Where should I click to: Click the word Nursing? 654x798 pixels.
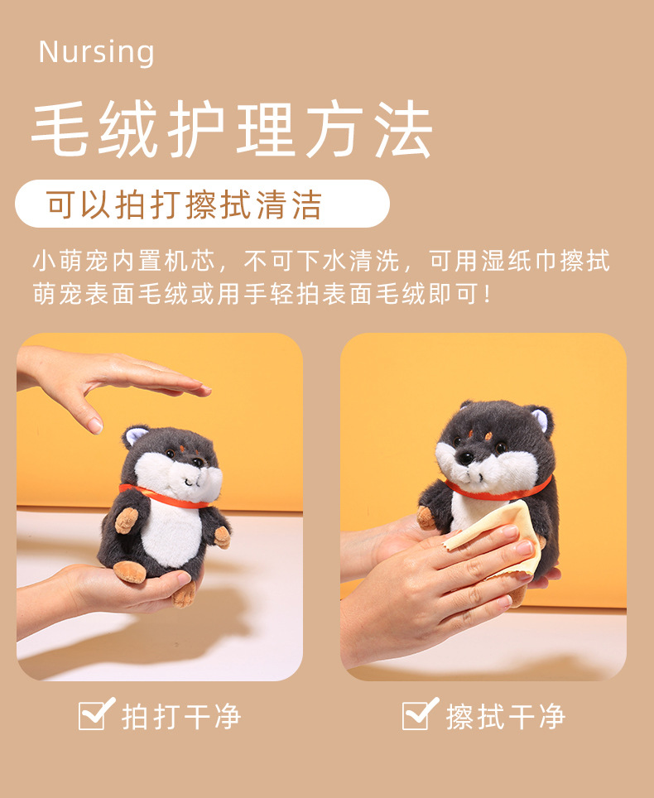[x=96, y=52]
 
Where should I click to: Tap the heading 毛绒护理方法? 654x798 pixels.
[x=232, y=129]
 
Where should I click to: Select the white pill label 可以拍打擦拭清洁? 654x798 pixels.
[x=203, y=204]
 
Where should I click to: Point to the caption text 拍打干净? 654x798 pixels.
[x=181, y=717]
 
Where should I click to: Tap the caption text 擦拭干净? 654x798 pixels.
[x=505, y=717]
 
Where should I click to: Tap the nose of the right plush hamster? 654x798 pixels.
[x=464, y=458]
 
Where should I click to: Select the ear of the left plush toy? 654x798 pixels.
[x=134, y=436]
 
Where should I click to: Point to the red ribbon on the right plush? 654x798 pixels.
[x=498, y=490]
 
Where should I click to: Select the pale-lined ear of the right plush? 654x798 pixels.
[x=540, y=418]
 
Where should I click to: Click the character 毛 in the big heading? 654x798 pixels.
[x=60, y=129]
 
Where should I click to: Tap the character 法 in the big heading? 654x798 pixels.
[x=404, y=129]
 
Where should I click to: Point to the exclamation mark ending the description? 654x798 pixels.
[x=488, y=295]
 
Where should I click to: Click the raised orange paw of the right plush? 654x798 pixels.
[x=426, y=517]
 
